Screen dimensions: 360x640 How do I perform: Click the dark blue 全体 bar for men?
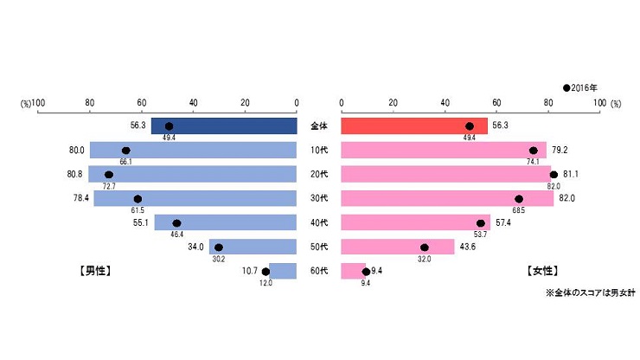click(223, 126)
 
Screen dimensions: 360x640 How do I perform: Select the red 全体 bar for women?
click(414, 126)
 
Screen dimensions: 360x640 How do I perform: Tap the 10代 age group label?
click(319, 151)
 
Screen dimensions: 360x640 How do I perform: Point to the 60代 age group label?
click(319, 272)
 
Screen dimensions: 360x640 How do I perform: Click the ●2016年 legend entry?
click(580, 87)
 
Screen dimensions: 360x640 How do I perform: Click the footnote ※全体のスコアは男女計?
click(590, 293)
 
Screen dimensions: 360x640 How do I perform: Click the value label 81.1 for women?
click(572, 175)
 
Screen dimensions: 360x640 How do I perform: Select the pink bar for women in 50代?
click(398, 247)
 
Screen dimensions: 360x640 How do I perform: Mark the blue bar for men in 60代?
click(283, 272)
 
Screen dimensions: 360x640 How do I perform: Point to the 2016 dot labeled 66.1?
click(126, 151)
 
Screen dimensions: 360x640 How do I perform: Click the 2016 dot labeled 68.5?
click(519, 199)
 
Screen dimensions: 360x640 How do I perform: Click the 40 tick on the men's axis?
click(193, 103)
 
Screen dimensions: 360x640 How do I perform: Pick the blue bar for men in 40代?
click(225, 223)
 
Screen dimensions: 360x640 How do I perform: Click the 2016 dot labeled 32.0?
click(425, 247)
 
